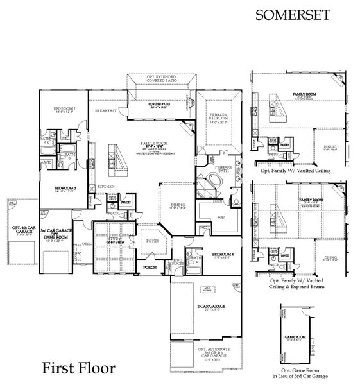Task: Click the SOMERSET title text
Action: click(287, 14)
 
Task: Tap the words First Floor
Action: click(79, 369)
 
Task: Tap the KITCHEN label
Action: click(107, 186)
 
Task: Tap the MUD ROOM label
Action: click(178, 262)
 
